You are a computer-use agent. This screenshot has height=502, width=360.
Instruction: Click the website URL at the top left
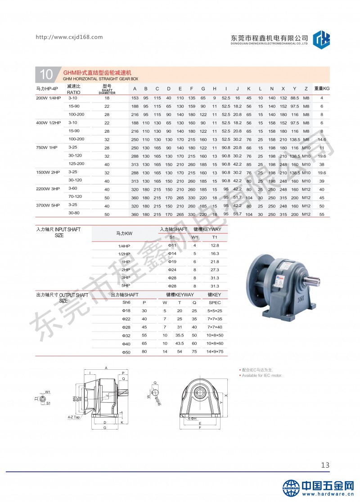pos(69,37)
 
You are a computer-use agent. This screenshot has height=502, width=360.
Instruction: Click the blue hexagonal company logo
pos(321,38)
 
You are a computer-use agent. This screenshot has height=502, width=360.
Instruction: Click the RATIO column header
pos(73,90)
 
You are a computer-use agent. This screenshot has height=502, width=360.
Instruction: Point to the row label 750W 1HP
pos(47,147)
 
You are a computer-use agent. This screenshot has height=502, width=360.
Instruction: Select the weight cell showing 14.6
pos(321,139)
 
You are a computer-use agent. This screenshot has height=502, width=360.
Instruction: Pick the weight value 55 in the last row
pos(321,215)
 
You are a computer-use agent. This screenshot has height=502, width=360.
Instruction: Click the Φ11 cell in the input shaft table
pos(171,245)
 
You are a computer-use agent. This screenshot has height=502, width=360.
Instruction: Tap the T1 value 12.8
pos(215,245)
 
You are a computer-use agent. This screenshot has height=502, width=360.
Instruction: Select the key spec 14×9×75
pos(215,351)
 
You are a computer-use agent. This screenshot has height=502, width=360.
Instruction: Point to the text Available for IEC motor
pos(262,375)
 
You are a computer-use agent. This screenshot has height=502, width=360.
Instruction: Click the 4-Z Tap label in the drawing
pos(74,417)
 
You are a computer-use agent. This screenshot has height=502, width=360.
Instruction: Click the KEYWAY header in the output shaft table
pos(178,295)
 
